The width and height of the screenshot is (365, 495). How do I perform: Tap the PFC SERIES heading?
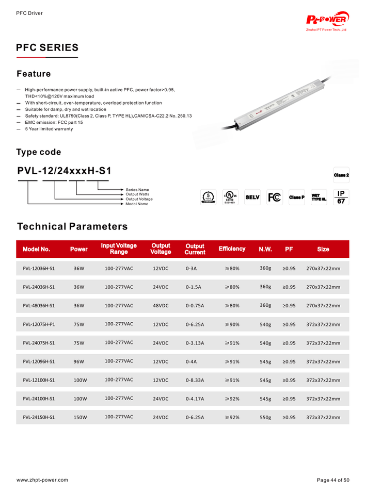(47, 47)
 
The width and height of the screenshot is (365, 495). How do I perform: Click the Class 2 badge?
(341, 175)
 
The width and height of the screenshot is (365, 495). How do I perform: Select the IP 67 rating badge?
(341, 197)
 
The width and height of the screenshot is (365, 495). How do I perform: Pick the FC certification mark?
(274, 197)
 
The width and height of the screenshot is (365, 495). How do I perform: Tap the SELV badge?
(252, 197)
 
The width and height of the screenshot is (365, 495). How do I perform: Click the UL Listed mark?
(230, 197)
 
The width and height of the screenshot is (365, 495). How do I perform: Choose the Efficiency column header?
(232, 249)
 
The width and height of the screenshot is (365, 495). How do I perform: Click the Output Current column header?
(195, 249)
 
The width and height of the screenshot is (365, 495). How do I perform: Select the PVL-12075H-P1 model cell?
(39, 324)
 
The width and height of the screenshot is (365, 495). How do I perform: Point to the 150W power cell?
(80, 417)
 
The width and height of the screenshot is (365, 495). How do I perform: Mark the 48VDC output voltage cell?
(161, 306)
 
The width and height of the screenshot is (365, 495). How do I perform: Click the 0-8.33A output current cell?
(195, 380)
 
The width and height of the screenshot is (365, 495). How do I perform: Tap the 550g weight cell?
(265, 417)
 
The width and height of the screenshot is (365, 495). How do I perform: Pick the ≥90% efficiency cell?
(232, 324)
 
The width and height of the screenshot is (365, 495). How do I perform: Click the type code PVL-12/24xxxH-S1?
(64, 171)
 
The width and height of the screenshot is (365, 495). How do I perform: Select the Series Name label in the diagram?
(137, 190)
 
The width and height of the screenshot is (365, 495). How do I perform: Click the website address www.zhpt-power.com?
(42, 480)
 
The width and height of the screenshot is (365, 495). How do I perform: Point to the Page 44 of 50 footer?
(333, 480)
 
